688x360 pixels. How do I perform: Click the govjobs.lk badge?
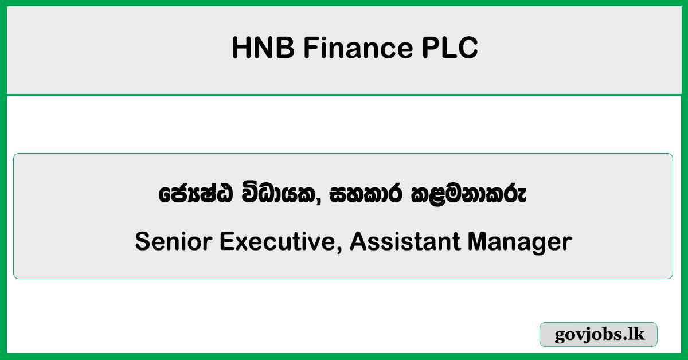[x=599, y=334]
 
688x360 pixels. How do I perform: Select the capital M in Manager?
[x=479, y=242]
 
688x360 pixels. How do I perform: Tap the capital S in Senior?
[x=142, y=242]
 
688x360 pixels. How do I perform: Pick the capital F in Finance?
[x=310, y=48]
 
